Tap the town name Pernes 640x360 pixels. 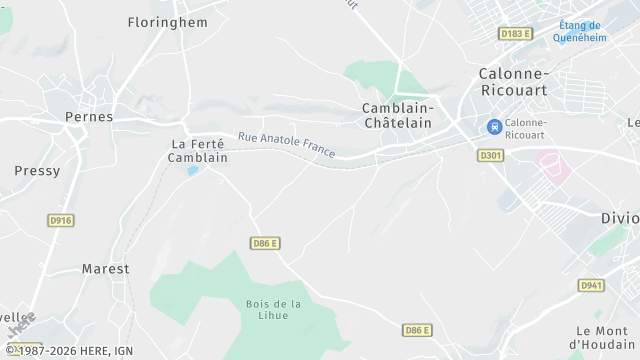(x=89, y=117)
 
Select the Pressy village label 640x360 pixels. (x=37, y=171)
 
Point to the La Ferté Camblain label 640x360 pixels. (x=198, y=151)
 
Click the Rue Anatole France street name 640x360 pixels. (x=286, y=147)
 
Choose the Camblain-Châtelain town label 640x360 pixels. (x=398, y=114)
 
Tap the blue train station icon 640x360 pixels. (x=493, y=126)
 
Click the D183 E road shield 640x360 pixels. (x=515, y=34)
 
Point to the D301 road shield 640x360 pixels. (x=490, y=155)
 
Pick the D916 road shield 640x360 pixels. (x=61, y=220)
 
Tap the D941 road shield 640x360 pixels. (x=591, y=286)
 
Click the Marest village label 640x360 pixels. (x=105, y=269)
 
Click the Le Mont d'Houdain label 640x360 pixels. (x=606, y=338)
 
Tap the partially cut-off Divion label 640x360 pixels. (x=620, y=218)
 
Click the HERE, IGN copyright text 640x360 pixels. (x=69, y=351)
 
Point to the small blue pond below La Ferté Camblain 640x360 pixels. (x=193, y=170)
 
